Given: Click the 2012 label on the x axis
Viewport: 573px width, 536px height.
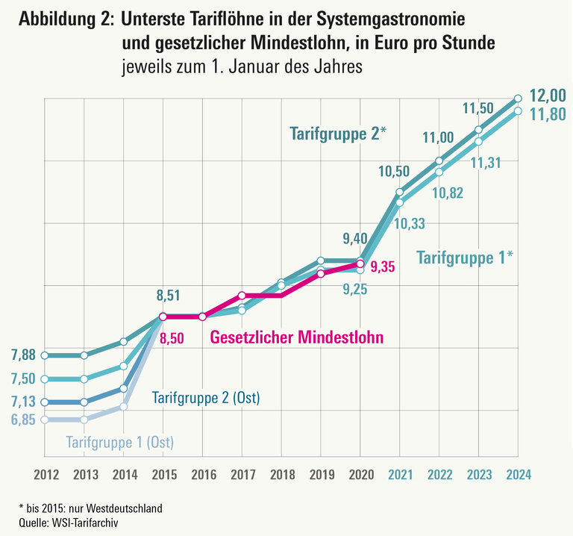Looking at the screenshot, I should [46, 474].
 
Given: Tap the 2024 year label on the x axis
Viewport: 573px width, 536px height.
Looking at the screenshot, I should [519, 474].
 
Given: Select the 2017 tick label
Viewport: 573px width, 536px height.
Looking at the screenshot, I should [242, 474].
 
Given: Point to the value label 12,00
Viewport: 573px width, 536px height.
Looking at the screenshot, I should [549, 96].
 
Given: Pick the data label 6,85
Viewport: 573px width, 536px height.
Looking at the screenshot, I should [24, 420].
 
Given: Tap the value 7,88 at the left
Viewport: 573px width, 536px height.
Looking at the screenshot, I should [24, 355].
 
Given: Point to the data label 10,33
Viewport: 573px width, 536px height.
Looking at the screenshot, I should [410, 223].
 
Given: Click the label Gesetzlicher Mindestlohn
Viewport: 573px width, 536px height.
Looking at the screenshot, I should [297, 337].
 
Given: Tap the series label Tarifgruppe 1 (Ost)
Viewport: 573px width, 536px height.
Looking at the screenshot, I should [120, 442].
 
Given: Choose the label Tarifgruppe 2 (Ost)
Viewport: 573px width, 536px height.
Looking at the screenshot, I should [206, 398].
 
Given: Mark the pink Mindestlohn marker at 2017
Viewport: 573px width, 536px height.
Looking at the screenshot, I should [242, 296].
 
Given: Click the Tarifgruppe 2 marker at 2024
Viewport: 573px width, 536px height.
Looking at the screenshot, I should [519, 98].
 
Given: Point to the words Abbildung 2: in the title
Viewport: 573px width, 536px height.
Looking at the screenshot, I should [63, 20].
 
